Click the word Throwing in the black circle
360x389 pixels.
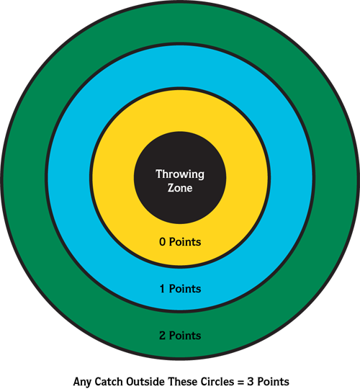point(180,174)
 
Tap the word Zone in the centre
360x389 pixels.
point(180,188)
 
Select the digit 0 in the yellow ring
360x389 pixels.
point(162,242)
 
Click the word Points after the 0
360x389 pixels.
point(185,242)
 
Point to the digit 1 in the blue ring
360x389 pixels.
point(162,289)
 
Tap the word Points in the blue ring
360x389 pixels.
point(185,289)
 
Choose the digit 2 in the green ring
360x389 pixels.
point(162,336)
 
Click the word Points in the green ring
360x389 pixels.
point(185,336)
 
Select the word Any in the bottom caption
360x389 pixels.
point(82,382)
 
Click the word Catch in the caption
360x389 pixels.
point(108,381)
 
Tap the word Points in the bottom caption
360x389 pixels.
point(273,381)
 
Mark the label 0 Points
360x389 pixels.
point(180,242)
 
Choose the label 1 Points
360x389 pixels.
point(181,289)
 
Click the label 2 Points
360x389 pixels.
point(180,336)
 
